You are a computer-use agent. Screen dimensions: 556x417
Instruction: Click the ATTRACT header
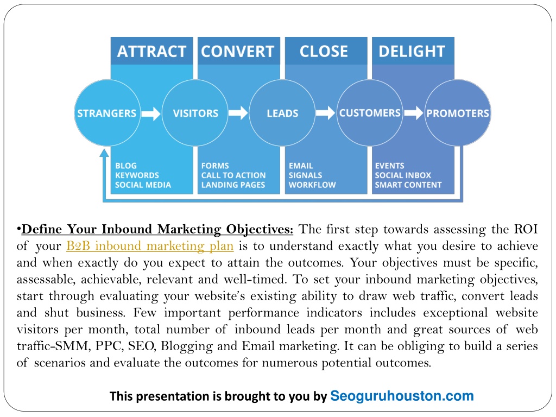pos(152,51)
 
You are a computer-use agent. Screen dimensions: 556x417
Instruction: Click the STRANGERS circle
pos(107,113)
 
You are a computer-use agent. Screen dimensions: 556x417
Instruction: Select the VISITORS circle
pos(195,113)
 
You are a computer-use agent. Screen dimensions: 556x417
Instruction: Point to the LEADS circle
pos(282,113)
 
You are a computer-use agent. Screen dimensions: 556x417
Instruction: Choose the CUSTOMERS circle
pos(370,113)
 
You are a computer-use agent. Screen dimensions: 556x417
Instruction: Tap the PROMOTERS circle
pos(457,113)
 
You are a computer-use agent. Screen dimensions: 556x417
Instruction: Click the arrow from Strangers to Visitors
pos(151,113)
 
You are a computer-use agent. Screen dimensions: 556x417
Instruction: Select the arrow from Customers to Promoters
pos(414,113)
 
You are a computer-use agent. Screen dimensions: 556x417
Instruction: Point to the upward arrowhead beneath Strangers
pos(104,153)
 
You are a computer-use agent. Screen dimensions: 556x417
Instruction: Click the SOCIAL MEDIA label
pos(143,185)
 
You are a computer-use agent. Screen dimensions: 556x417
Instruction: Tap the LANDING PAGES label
pos(233,185)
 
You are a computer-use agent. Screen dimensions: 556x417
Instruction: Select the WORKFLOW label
pos(312,185)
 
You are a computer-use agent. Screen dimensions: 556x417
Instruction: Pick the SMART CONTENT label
pos(408,185)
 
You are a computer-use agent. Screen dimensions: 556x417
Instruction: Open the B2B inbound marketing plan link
pos(150,246)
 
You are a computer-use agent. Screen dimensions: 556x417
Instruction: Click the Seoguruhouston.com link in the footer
pos(402,396)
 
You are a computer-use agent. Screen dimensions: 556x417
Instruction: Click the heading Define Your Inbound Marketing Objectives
pos(157,229)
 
